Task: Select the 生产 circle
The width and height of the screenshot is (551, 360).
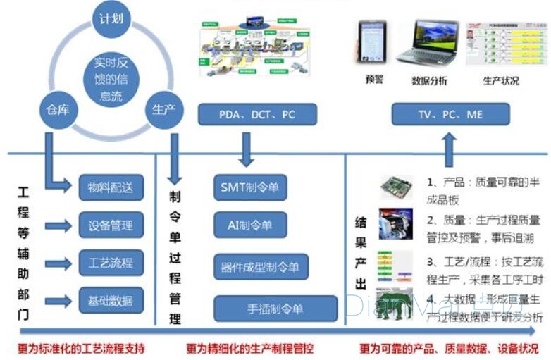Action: click(x=163, y=110)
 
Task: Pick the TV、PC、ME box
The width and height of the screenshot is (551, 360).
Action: click(x=449, y=114)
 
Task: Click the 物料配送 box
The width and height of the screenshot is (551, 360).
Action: click(x=111, y=187)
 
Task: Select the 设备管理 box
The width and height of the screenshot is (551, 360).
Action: click(x=111, y=225)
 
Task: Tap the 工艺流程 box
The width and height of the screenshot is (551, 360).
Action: click(x=111, y=263)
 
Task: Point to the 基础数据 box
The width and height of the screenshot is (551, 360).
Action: click(x=111, y=302)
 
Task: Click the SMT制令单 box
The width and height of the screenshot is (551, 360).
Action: click(x=249, y=187)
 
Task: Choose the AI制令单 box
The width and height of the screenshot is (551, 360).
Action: click(x=249, y=225)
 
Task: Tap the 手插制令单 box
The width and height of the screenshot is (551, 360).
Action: click(x=275, y=308)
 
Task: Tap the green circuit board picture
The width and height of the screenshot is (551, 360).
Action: click(x=397, y=186)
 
